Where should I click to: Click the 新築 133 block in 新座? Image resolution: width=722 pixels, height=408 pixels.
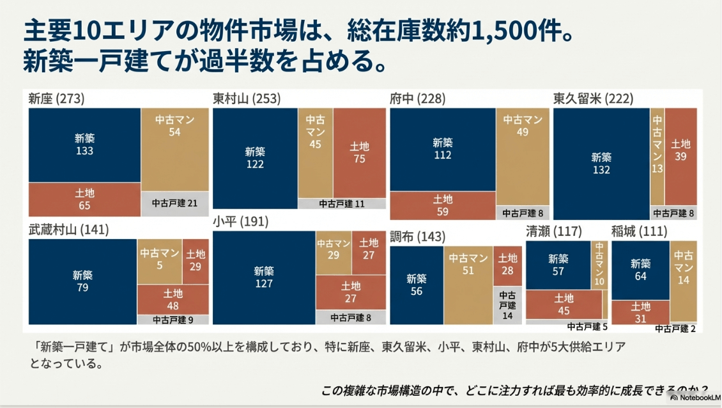click(x=84, y=145)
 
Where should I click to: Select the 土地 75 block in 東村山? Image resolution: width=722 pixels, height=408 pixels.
click(x=359, y=153)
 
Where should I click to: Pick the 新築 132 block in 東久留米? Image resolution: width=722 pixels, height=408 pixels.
click(x=601, y=164)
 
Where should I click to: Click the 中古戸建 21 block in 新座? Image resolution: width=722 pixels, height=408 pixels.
click(x=174, y=203)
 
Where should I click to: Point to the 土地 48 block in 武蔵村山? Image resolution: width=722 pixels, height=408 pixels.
click(x=173, y=299)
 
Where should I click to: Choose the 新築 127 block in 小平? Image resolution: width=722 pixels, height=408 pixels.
click(x=264, y=277)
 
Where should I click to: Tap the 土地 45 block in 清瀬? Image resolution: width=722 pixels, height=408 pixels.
click(x=563, y=304)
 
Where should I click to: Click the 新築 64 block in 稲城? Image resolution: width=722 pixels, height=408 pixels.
click(x=640, y=269)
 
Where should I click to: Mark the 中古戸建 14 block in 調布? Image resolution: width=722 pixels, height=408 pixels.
click(x=507, y=304)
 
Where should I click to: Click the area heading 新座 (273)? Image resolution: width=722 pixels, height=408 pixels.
click(x=56, y=98)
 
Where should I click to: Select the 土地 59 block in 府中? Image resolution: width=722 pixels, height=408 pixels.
click(x=443, y=205)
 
